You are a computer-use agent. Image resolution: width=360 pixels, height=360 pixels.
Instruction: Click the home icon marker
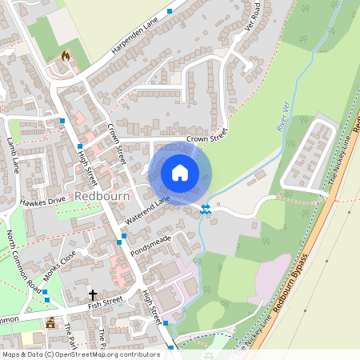click(180, 173)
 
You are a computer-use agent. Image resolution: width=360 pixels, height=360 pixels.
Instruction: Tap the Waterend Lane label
click(148, 210)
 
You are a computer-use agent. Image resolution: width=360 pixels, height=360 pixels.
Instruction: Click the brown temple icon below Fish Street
click(51, 323)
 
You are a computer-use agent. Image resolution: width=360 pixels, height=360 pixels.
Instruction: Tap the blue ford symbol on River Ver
click(206, 210)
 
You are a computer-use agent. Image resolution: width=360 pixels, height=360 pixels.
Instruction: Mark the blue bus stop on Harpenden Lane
click(170, 11)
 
